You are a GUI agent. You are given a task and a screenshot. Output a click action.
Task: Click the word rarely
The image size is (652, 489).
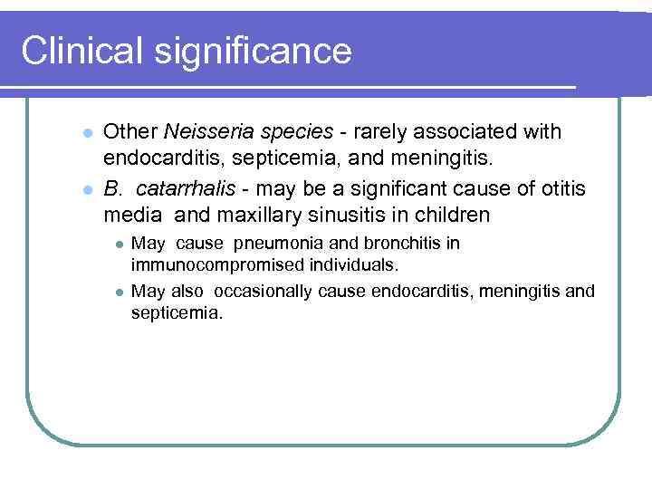point(383,132)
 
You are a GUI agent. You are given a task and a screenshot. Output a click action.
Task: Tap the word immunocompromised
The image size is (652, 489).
point(208,265)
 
